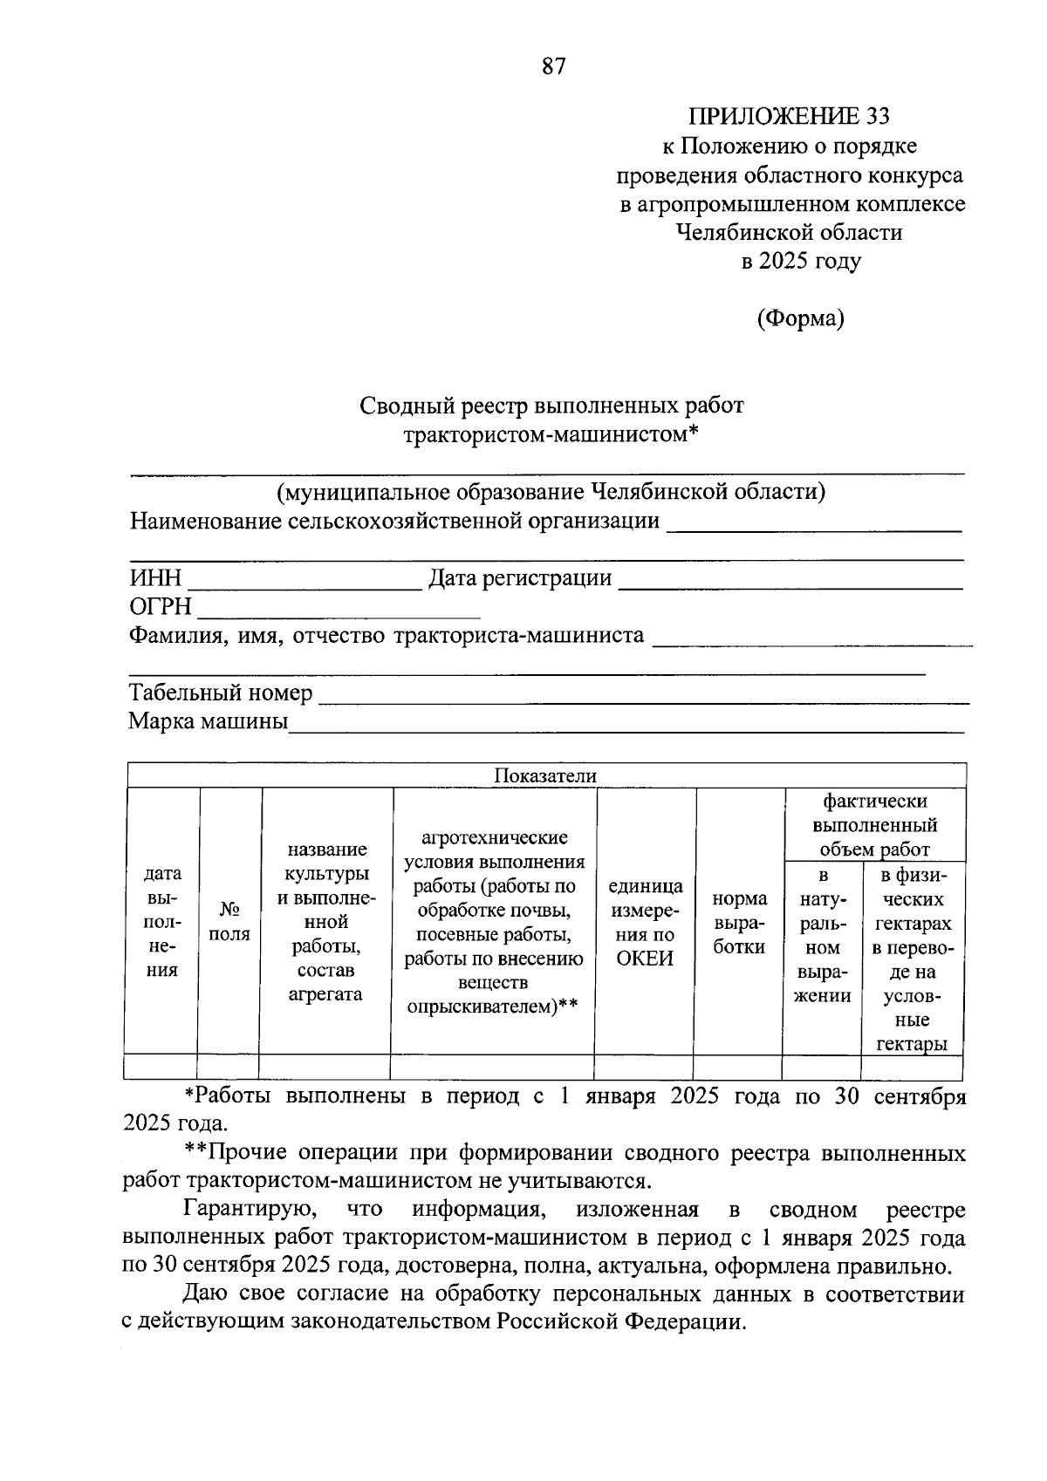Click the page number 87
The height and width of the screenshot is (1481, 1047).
(x=554, y=67)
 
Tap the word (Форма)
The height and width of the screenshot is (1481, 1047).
(x=800, y=318)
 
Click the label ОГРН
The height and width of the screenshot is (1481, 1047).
(x=161, y=606)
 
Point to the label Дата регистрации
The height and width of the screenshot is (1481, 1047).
(x=520, y=578)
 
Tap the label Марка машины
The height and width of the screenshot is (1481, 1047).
(x=208, y=722)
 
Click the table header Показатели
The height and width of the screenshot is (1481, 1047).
(x=545, y=776)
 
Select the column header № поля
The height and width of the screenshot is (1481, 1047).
(x=229, y=922)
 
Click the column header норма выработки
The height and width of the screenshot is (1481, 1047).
(x=740, y=923)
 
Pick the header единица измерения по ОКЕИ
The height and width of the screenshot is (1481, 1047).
(x=646, y=922)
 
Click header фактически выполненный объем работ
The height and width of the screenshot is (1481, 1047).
(x=875, y=825)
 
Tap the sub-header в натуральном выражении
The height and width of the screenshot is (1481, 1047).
(x=822, y=935)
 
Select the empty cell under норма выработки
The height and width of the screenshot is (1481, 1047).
(x=738, y=1068)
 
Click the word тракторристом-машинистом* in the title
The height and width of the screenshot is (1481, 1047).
(x=552, y=433)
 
